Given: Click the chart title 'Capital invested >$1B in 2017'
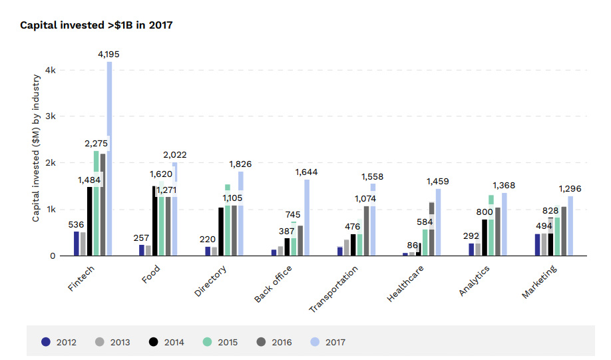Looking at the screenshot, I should click(x=97, y=25).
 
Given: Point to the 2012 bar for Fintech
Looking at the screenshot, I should click(x=77, y=244).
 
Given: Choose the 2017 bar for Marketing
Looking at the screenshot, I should click(x=570, y=226).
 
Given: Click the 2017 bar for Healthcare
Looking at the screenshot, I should click(x=438, y=222).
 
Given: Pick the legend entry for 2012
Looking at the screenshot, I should click(x=59, y=343).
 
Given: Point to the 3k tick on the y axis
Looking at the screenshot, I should click(x=51, y=116).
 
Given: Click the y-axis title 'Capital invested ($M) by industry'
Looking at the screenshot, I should click(x=37, y=148).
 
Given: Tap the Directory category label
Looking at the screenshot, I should click(x=211, y=281).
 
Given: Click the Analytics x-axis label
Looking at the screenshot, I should click(x=475, y=281).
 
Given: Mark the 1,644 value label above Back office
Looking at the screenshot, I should click(x=307, y=172).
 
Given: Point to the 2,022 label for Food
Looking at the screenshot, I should click(x=175, y=155).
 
